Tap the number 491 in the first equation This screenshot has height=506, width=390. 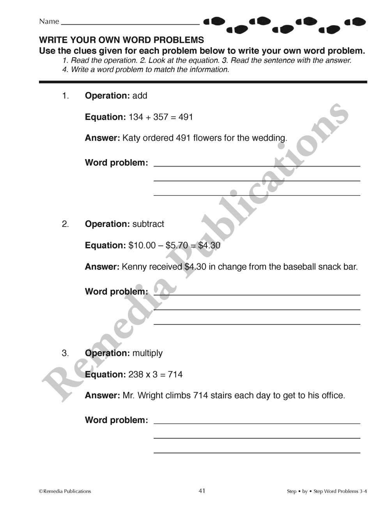pyautogui.click(x=186, y=117)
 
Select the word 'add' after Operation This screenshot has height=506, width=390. pyautogui.click(x=140, y=96)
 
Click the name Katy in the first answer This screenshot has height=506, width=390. pyautogui.click(x=131, y=138)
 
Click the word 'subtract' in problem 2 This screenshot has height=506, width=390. pyautogui.click(x=148, y=224)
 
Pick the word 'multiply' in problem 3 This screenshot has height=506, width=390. pyautogui.click(x=147, y=353)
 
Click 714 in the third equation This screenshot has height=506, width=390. pyautogui.click(x=175, y=374)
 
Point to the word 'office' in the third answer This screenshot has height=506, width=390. pyautogui.click(x=332, y=396)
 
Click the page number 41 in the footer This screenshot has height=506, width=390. pyautogui.click(x=202, y=491)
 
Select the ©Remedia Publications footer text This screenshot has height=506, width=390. pyautogui.click(x=65, y=491)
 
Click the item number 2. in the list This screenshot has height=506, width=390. pyautogui.click(x=66, y=224)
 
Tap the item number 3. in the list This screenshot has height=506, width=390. pyautogui.click(x=66, y=353)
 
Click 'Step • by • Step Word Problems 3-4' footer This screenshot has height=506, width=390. pyautogui.click(x=327, y=491)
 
